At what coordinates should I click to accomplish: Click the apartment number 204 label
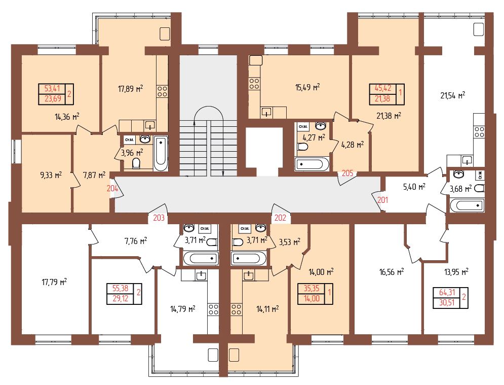pos(112,188)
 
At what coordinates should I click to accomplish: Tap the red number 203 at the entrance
pos(159,218)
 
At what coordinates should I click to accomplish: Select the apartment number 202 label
pos(280,218)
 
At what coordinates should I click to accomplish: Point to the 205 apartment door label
pos(347,173)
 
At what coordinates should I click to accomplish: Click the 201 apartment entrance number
pos(382,200)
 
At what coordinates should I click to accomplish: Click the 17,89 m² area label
pos(130,89)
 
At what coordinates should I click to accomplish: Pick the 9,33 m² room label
pos(51,175)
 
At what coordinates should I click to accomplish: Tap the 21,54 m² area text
pos(452,95)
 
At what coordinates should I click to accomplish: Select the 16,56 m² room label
pos(392,272)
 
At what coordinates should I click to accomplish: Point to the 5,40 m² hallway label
pos(414,187)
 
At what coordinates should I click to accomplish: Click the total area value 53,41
pos(52,89)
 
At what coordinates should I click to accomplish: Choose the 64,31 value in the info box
pos(447,292)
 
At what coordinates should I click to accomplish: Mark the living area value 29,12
pos(121,299)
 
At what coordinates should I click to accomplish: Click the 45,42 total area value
pos(383,88)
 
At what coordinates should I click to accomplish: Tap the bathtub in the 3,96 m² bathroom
pos(161,153)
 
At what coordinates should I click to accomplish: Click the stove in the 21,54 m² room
pos(479,132)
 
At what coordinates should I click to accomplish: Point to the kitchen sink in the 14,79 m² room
pos(201,275)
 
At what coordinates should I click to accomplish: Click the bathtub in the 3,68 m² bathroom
pos(467,205)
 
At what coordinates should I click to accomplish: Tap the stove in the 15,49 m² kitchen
pos(254,84)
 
